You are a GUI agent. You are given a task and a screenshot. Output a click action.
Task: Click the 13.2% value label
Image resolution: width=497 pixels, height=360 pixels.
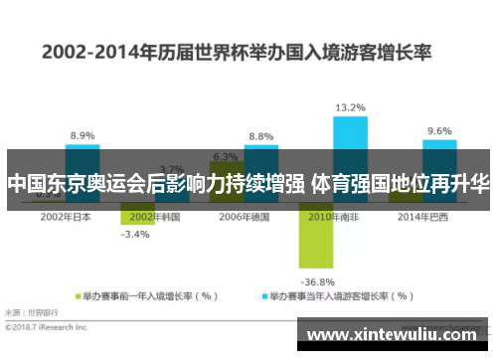[x=349, y=107]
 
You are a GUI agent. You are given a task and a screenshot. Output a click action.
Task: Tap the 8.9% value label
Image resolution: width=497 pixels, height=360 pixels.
[x=83, y=136]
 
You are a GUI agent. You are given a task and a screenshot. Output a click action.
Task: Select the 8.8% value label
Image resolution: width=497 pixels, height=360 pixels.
[x=260, y=137]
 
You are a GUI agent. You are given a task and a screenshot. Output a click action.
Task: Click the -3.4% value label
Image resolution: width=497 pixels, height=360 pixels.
[x=135, y=236]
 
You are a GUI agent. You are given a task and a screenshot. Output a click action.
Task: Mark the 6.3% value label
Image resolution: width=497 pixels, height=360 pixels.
[x=225, y=156]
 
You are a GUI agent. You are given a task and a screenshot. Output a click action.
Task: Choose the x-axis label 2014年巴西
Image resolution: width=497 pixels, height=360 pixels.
[x=420, y=216]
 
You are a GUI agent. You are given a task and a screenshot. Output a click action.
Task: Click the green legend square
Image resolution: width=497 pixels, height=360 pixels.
[x=77, y=295]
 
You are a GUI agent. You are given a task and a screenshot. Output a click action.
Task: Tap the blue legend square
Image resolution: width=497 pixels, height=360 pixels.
[x=265, y=295]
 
